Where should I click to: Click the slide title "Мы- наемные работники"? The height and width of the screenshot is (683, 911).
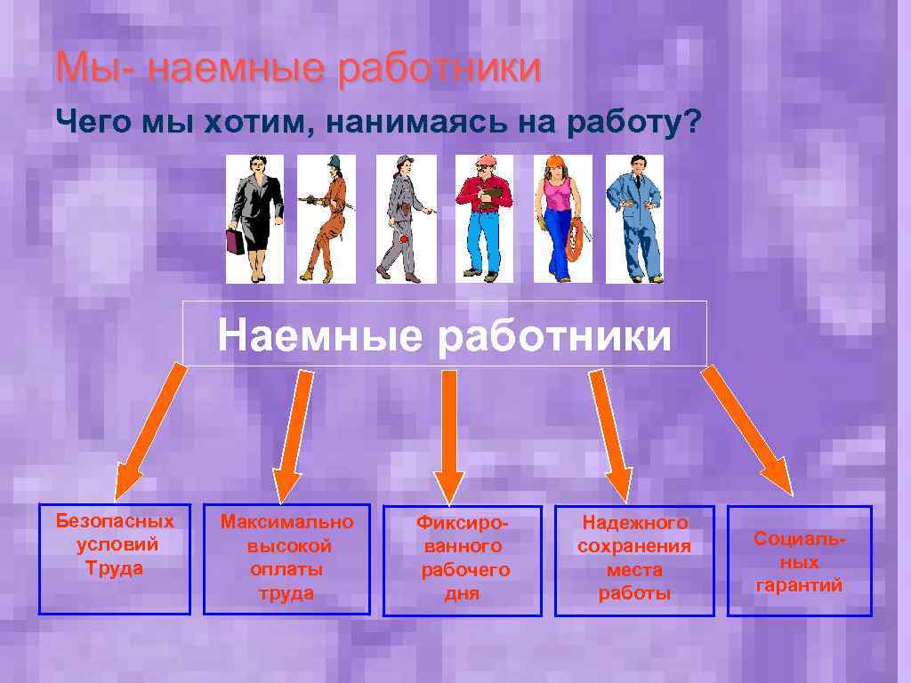pyautogui.click(x=298, y=69)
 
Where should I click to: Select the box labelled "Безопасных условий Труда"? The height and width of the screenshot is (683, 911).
pyautogui.click(x=114, y=559)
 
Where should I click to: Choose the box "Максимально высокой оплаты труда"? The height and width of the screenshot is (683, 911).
pyautogui.click(x=286, y=559)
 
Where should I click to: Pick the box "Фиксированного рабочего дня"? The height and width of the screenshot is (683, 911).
pyautogui.click(x=462, y=560)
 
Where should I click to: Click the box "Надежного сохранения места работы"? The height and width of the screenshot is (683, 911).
pyautogui.click(x=634, y=560)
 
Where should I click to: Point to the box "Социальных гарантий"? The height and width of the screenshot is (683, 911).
pyautogui.click(x=799, y=561)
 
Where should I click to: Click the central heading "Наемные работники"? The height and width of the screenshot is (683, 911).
pyautogui.click(x=445, y=336)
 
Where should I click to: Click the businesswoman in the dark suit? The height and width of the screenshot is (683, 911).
pyautogui.click(x=255, y=218)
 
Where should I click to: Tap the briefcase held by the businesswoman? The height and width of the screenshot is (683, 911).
pyautogui.click(x=235, y=241)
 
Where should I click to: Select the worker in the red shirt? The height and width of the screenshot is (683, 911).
pyautogui.click(x=484, y=218)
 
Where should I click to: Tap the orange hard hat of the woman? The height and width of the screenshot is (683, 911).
pyautogui.click(x=556, y=162)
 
